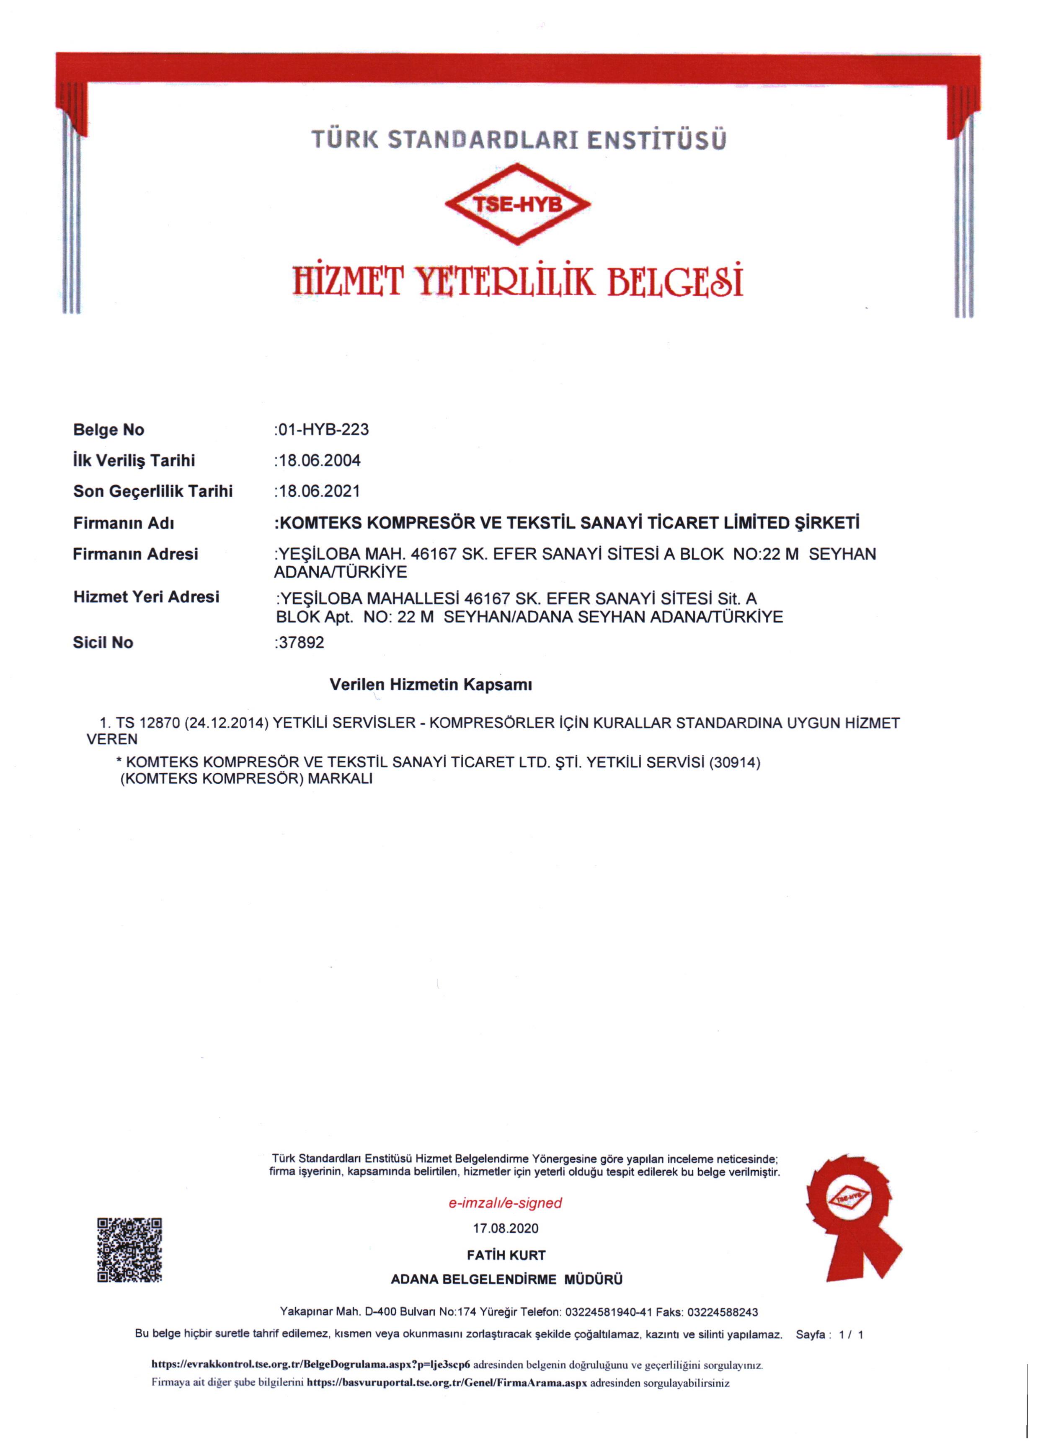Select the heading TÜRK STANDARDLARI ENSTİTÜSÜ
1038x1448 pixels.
(518, 139)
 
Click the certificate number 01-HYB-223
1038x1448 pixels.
(323, 430)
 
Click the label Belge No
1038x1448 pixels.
(108, 430)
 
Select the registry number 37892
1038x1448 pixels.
(301, 642)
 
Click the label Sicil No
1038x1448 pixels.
(103, 642)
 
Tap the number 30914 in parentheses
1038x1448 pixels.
(735, 763)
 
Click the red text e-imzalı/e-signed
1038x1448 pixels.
(505, 1203)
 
